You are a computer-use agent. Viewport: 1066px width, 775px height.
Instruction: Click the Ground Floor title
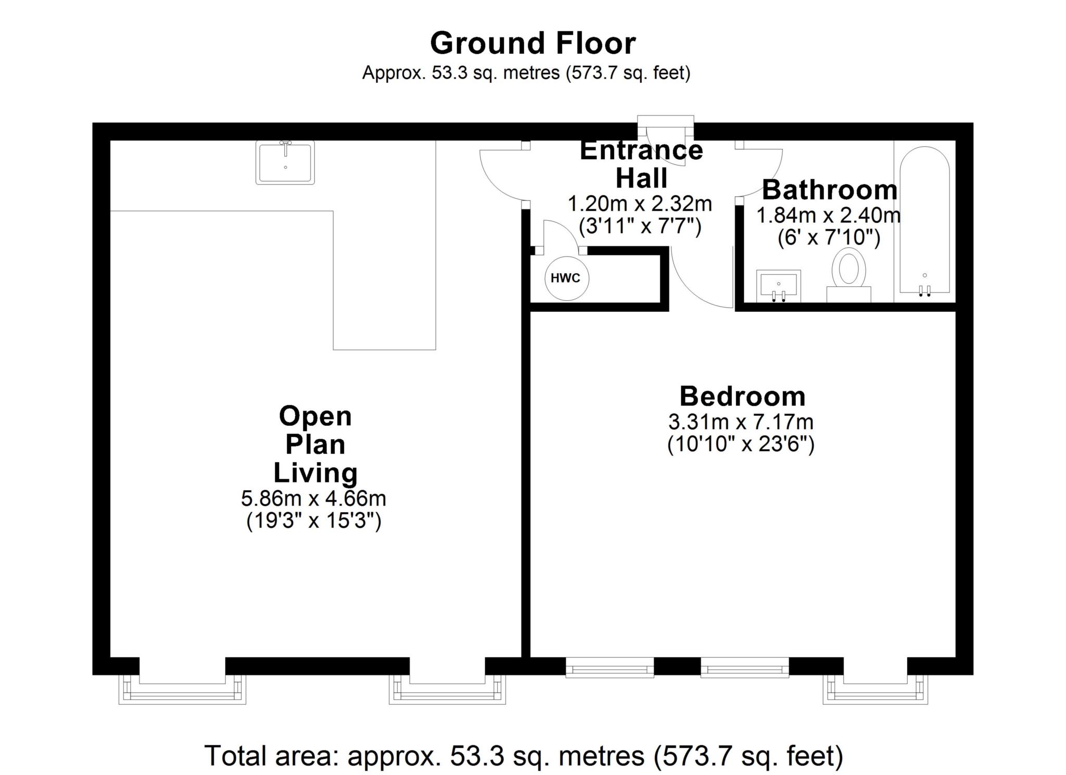532,43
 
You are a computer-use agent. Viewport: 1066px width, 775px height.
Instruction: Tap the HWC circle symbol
566,278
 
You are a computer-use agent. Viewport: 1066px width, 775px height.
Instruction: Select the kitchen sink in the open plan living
285,162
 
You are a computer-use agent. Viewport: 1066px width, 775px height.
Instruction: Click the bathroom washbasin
778,286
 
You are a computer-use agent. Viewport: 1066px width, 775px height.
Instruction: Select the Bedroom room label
742,396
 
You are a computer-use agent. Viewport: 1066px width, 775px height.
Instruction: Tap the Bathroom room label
830,190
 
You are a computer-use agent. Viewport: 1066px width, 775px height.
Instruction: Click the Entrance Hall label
641,164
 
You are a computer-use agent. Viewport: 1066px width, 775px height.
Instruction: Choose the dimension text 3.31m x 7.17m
741,422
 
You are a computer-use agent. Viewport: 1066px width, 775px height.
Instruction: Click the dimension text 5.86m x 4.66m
313,499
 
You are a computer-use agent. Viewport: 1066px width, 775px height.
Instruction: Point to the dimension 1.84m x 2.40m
828,215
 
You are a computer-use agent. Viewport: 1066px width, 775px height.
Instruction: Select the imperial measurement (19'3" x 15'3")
314,520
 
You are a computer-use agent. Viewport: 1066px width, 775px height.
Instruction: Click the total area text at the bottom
524,756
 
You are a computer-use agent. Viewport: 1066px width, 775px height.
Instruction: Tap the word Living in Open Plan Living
315,473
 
